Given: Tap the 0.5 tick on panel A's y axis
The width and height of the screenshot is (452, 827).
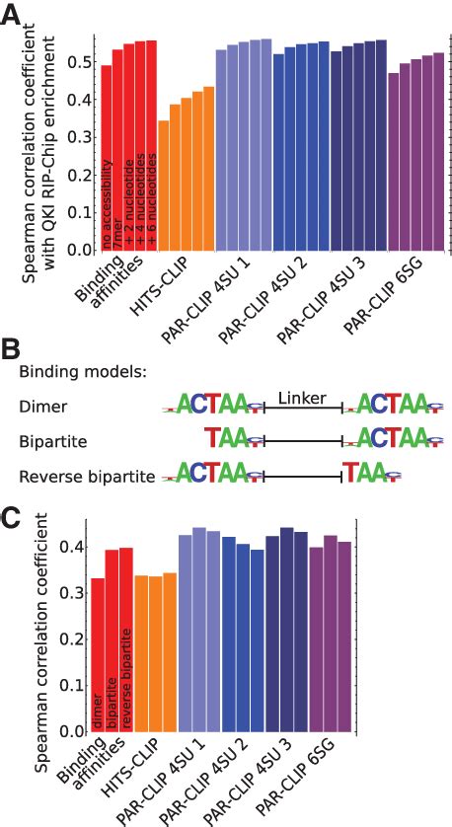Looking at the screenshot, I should click(x=83, y=61).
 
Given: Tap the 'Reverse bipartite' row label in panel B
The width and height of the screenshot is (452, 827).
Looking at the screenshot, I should click(x=87, y=477).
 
